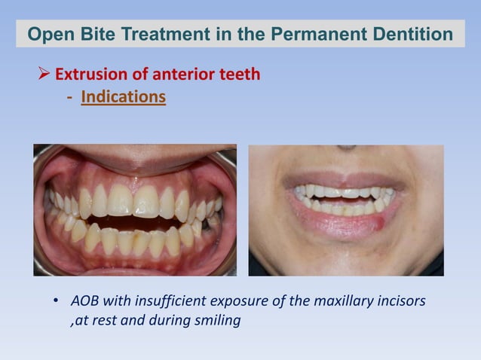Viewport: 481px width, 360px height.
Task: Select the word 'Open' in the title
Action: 49,34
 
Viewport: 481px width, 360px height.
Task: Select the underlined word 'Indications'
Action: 123,97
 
